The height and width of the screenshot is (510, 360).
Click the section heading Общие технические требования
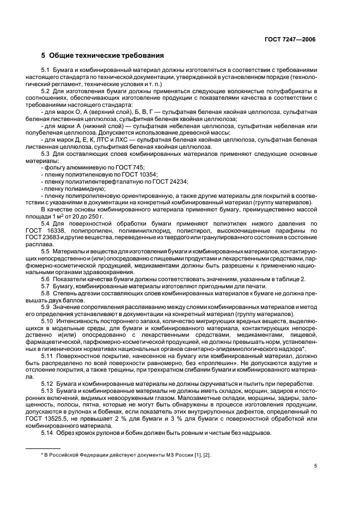(x=107, y=56)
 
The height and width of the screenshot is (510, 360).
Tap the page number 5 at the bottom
(x=315, y=466)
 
